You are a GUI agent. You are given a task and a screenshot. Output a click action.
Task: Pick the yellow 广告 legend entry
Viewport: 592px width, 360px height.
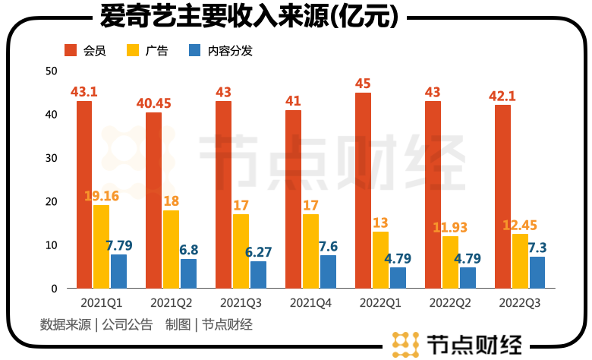pos(148,51)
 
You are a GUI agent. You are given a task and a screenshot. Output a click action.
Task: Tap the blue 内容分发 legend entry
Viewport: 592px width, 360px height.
pos(221,51)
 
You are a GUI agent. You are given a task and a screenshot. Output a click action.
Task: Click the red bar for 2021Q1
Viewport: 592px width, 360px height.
pos(84,194)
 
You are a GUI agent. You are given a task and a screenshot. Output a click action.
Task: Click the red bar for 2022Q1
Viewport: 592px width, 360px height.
pos(364,190)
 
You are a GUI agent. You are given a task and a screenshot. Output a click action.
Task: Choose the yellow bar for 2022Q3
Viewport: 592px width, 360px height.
pos(520,261)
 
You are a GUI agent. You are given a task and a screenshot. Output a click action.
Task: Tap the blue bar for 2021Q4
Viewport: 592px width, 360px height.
pos(328,272)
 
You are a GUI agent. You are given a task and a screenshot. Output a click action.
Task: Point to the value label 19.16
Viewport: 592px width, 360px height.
pos(101,196)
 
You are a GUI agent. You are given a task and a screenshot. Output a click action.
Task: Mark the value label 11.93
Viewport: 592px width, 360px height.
pos(449,227)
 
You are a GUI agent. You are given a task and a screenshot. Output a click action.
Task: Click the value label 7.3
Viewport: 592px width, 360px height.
pos(537,248)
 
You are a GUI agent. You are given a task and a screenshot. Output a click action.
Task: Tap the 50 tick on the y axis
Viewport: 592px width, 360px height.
pos(52,71)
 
